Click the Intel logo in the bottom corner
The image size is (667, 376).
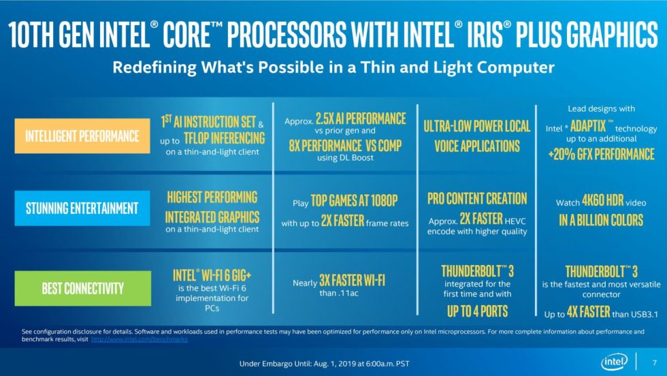click(611, 361)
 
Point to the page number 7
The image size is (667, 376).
click(654, 361)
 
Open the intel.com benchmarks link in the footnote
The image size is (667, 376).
click(139, 339)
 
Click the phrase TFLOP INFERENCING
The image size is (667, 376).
click(223, 138)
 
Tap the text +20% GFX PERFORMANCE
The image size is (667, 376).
click(601, 153)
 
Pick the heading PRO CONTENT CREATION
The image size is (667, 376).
click(477, 199)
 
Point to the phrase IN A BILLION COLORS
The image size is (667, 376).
click(601, 220)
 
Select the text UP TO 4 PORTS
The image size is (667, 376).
click(477, 311)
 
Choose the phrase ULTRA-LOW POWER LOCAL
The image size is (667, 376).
click(476, 126)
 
